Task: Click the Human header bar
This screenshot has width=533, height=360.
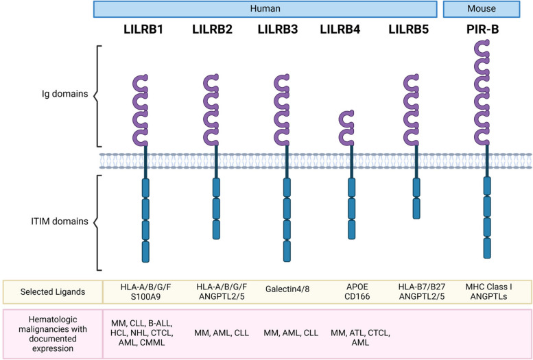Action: coord(265,8)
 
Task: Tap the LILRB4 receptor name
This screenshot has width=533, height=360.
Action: coord(344,30)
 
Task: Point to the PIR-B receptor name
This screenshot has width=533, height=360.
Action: coord(486,30)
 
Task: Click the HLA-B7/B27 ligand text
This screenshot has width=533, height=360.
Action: coord(414,285)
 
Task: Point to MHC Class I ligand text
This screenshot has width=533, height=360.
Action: coord(486,285)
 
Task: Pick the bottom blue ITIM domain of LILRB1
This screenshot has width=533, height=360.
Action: coord(144,251)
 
